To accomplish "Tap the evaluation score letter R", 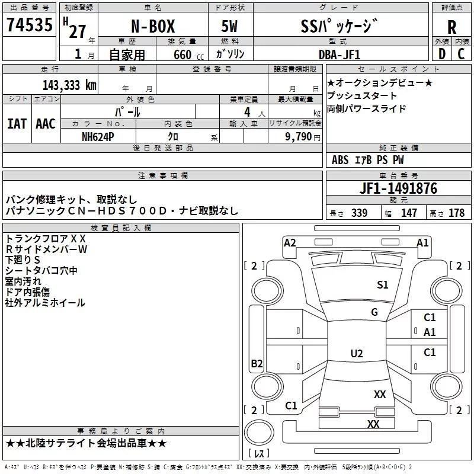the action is click(x=451, y=27).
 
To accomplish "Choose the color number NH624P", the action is click(x=99, y=136).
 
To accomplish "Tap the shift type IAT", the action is click(x=17, y=124).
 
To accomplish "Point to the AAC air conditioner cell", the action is click(x=46, y=124).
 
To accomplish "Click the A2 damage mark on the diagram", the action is click(x=290, y=242).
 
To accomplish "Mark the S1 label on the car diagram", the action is click(x=383, y=285).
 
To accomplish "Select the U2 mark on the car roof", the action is click(x=356, y=354).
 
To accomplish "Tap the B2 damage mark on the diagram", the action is click(x=257, y=364).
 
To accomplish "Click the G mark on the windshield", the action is click(x=374, y=312).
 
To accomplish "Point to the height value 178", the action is click(x=456, y=213).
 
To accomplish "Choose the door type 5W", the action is click(x=230, y=28).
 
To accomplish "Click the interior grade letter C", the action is click(x=461, y=55).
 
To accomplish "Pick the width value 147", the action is click(x=409, y=213).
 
